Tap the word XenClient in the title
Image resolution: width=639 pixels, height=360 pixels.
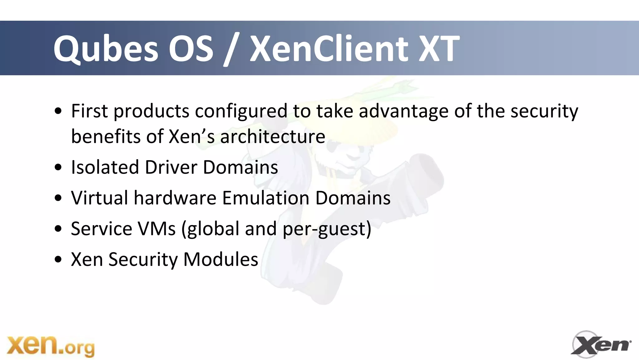329,49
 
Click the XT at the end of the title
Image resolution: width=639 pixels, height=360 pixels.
439,49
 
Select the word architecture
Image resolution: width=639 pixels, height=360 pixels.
272,136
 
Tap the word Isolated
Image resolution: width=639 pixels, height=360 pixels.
105,167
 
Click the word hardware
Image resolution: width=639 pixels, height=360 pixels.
175,198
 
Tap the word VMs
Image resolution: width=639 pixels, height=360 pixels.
157,229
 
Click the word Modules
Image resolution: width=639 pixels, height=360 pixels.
221,259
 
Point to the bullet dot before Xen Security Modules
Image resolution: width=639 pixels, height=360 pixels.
58,259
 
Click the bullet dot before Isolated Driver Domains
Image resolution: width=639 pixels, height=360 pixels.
58,167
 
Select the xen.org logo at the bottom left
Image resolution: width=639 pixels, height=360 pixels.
51,346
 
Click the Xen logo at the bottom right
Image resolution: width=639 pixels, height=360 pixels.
601,345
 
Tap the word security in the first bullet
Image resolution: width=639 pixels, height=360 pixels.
544,111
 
